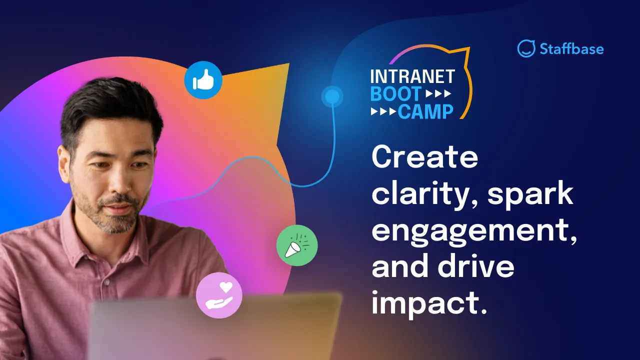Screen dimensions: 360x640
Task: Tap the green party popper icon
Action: pos(297,245)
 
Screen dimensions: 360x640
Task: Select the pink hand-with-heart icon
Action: pos(219,295)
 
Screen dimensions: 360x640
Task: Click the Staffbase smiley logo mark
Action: pos(526,48)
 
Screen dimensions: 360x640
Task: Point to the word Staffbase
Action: pos(571,49)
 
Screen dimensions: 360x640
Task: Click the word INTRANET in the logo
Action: pos(412,76)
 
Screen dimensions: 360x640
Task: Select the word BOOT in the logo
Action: pos(395,93)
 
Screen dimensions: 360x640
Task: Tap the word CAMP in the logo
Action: pos(425,111)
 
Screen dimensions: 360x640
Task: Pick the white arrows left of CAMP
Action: pos(383,111)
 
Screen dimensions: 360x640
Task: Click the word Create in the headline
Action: pos(424,157)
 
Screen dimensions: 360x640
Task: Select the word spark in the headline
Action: pos(530,193)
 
